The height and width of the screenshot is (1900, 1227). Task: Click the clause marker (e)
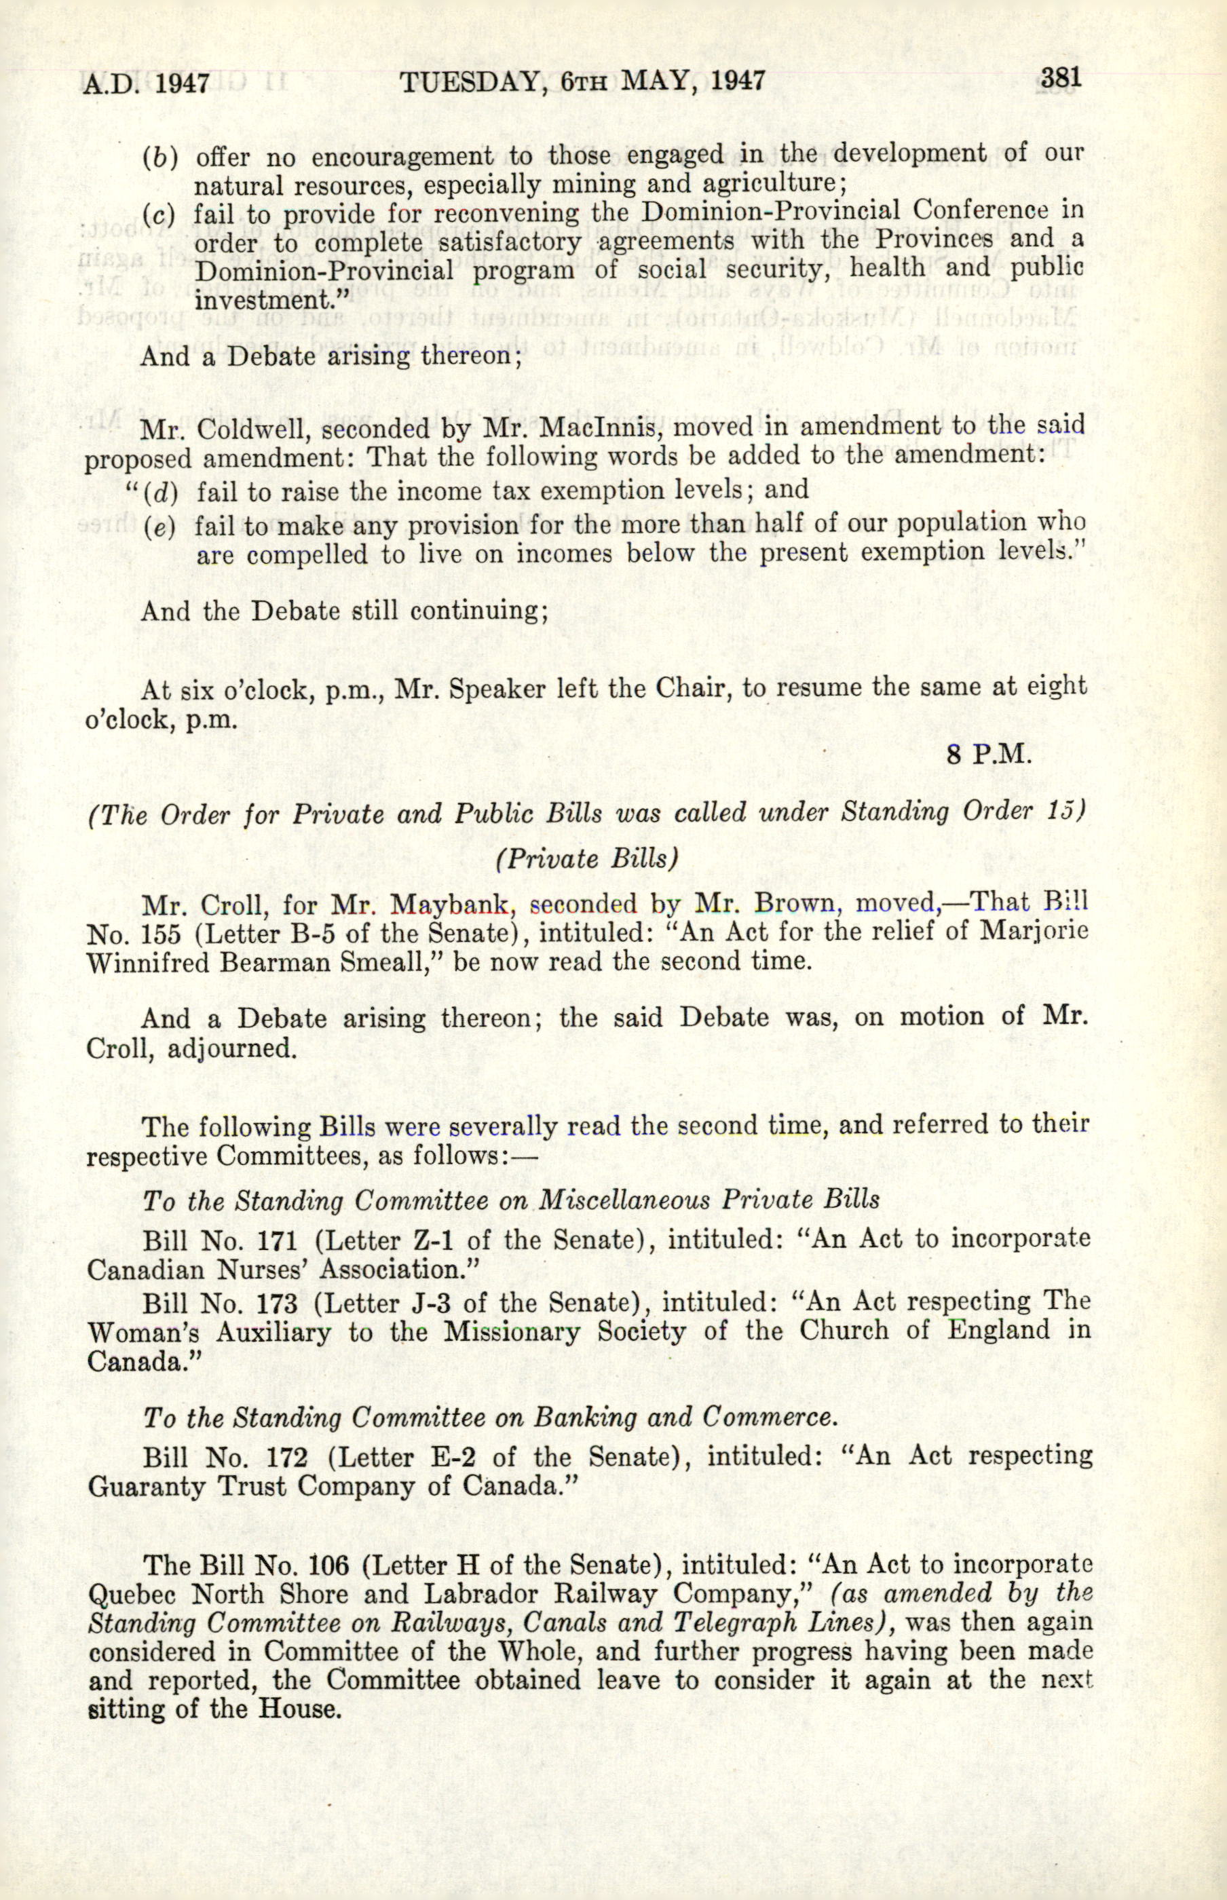159,527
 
